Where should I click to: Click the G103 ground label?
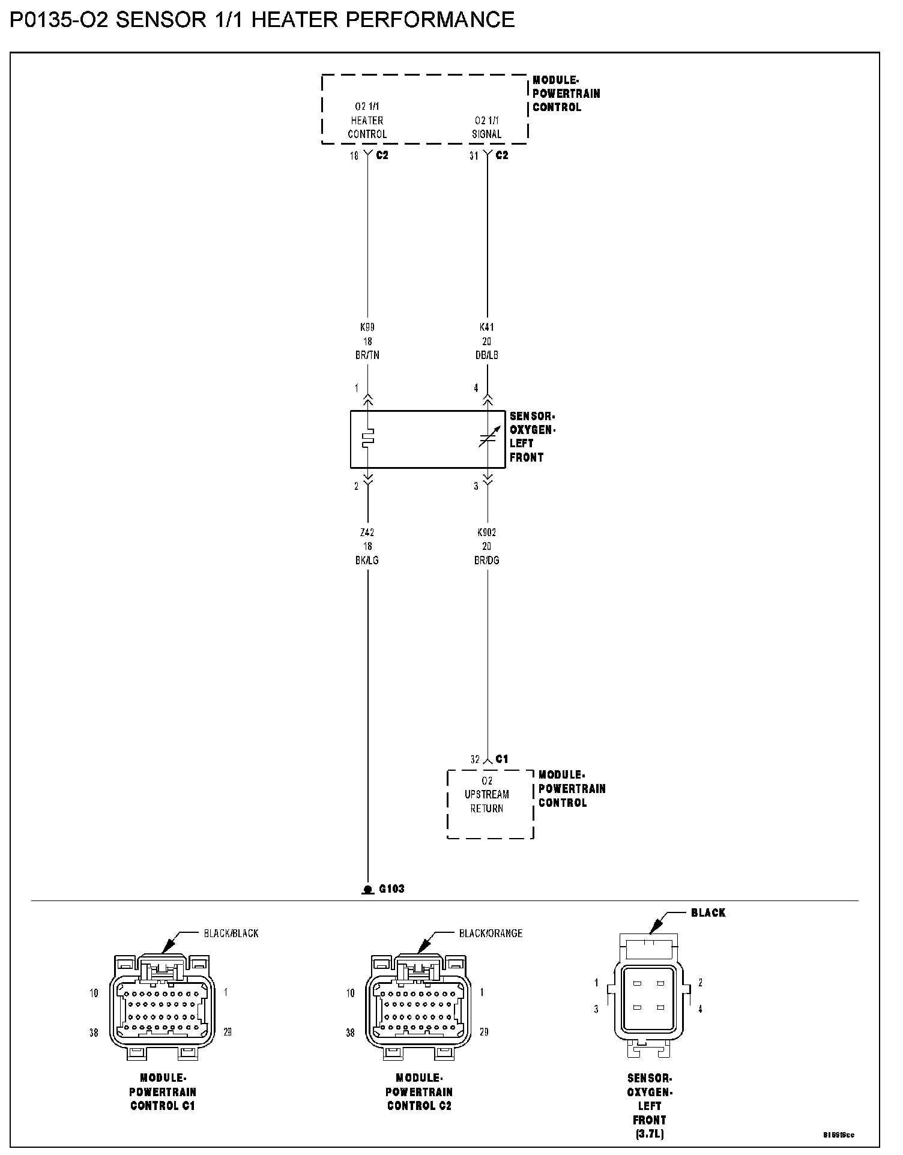(x=391, y=889)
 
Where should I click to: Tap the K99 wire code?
(x=367, y=328)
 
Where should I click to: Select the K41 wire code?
(x=486, y=328)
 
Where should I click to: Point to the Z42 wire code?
(x=367, y=532)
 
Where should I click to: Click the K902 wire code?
(x=486, y=532)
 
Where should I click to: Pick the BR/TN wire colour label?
(x=367, y=355)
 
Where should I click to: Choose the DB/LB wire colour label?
(x=486, y=355)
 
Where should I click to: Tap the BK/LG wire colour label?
(x=367, y=561)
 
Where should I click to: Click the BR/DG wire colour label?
(x=486, y=561)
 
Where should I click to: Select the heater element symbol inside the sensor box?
(x=368, y=438)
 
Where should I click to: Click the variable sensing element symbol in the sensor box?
(x=487, y=439)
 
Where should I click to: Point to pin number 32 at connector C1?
(x=475, y=760)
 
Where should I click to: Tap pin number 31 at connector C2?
(x=474, y=155)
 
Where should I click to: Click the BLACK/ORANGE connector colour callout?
(x=491, y=933)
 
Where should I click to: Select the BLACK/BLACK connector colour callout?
(x=231, y=933)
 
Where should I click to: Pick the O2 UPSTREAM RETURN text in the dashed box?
(x=487, y=795)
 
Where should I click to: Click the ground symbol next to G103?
(x=367, y=890)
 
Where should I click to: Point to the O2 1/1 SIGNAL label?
(x=486, y=127)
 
